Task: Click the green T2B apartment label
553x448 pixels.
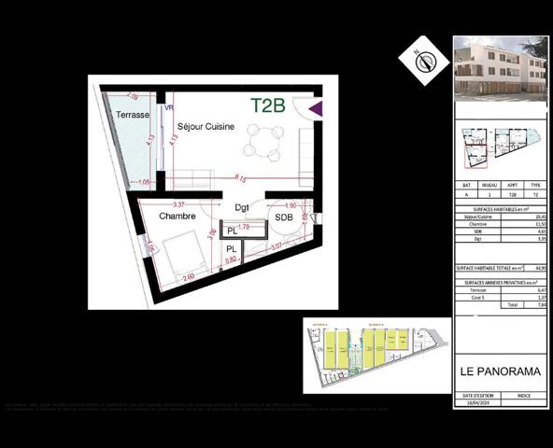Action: [267, 105]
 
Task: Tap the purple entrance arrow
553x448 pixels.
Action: [316, 108]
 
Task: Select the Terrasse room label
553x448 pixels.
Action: [133, 115]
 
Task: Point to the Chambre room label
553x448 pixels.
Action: [177, 217]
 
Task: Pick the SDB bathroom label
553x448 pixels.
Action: [281, 217]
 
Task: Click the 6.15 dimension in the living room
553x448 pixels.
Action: [240, 177]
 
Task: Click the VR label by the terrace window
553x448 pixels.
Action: [169, 108]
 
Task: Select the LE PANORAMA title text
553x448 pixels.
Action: [500, 371]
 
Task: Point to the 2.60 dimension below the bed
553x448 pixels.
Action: [188, 277]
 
